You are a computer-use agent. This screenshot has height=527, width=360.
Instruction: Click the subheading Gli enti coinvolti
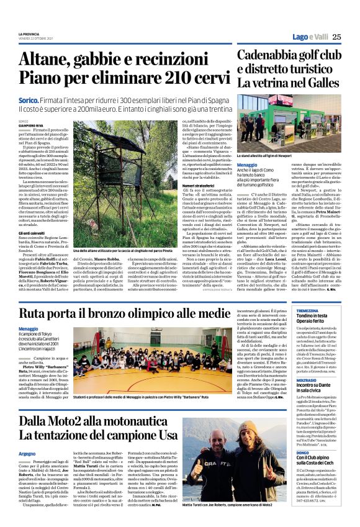click(32, 233)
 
